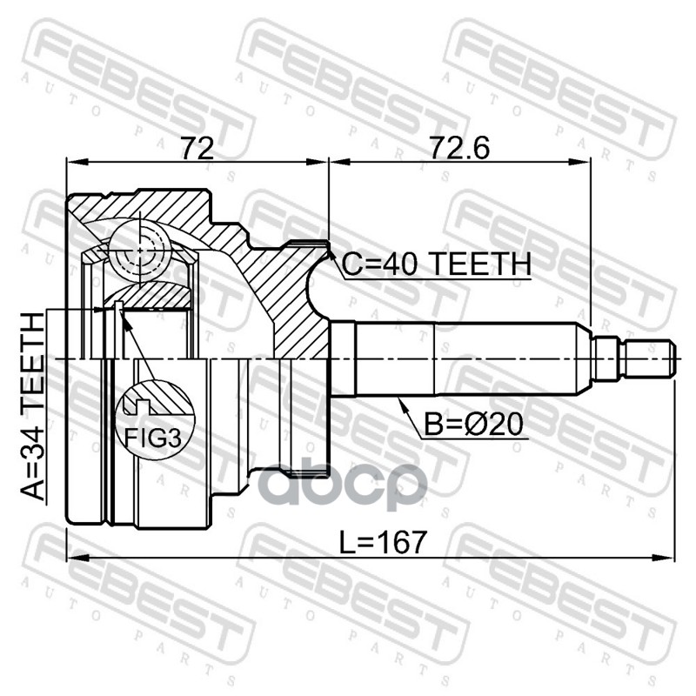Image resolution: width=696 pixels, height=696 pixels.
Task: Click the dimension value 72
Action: (197, 147)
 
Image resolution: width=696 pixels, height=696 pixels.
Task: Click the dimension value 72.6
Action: (459, 147)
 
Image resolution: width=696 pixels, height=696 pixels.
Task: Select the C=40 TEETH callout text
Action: (437, 264)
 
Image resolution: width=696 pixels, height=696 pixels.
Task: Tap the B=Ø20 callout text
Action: (473, 425)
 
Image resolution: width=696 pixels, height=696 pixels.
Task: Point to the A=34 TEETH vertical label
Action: (33, 406)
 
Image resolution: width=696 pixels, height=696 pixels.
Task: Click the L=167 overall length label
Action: (383, 542)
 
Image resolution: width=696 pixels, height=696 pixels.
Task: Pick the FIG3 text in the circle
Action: (153, 438)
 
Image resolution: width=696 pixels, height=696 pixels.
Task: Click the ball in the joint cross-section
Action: (140, 251)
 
